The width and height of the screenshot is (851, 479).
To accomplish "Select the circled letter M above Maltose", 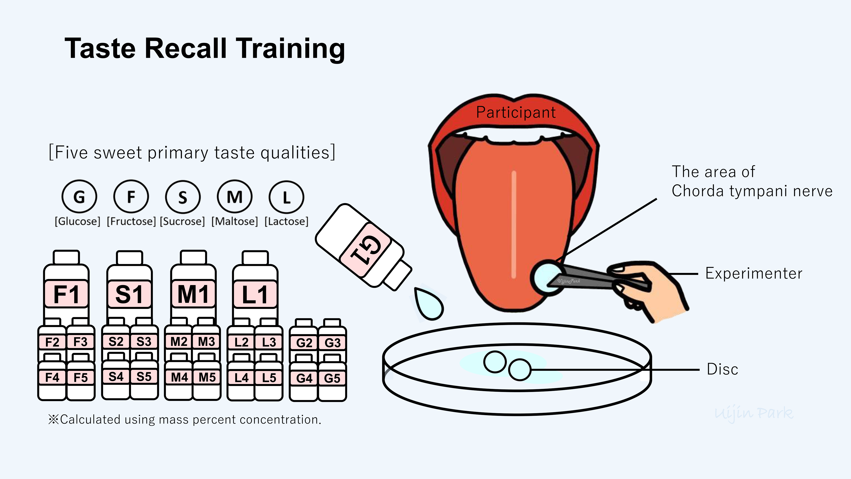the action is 234,197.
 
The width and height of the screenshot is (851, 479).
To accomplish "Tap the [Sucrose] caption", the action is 182,221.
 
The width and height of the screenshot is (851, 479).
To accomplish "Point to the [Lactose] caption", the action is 286,221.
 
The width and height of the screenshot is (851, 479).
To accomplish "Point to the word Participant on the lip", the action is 516,112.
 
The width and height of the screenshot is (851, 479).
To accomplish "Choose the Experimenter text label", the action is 754,273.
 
